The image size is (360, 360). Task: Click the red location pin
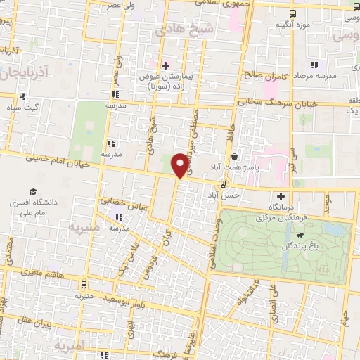tap(181, 165)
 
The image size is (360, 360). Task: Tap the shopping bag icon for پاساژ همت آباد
tap(233, 157)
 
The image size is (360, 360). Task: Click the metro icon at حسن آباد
tap(223, 184)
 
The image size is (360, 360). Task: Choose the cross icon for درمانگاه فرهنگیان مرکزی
tap(281, 196)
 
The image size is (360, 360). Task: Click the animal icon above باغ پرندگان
tap(301, 236)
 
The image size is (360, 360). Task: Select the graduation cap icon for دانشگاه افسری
tap(32, 192)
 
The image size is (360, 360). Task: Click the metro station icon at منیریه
tap(84, 285)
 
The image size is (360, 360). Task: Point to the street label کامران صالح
tap(263, 74)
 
